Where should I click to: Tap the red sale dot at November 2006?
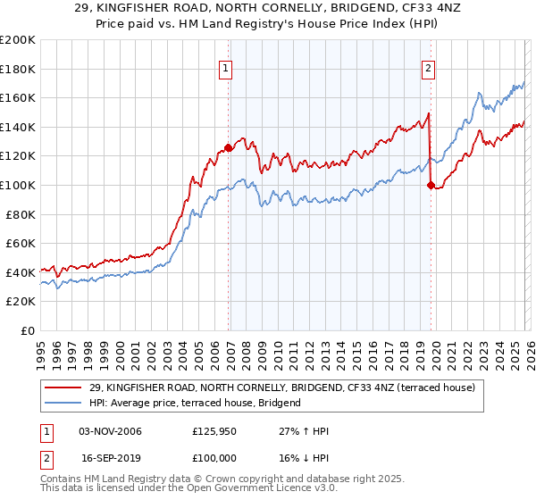[x=228, y=147]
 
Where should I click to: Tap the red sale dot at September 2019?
[x=431, y=185]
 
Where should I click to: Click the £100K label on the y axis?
[x=18, y=185]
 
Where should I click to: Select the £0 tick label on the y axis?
[x=28, y=330]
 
